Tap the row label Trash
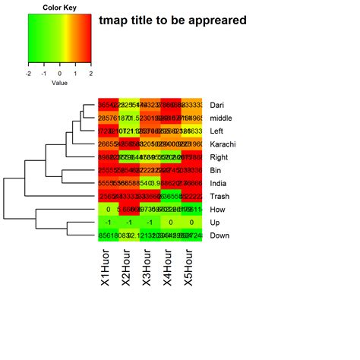(x=220, y=197)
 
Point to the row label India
(x=219, y=184)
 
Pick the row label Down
(x=220, y=236)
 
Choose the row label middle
(x=222, y=118)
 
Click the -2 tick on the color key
(x=28, y=74)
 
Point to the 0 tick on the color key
(x=59, y=74)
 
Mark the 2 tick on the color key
(x=90, y=74)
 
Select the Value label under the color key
(x=59, y=83)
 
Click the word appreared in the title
(x=216, y=21)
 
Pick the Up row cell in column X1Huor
(x=109, y=223)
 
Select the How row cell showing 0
(x=109, y=210)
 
